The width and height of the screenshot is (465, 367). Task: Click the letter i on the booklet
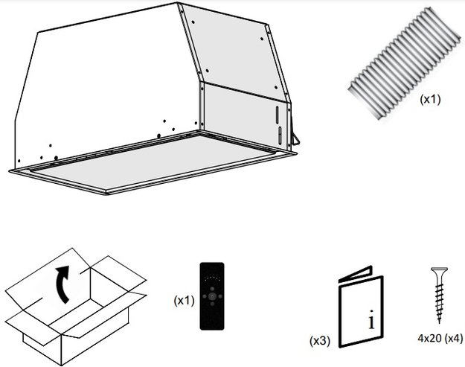click(x=371, y=321)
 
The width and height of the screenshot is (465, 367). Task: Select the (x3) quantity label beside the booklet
click(x=319, y=341)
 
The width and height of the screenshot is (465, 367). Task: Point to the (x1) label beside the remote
click(x=184, y=300)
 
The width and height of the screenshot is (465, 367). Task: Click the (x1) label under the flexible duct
click(x=430, y=98)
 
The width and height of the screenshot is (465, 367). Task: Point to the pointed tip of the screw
click(x=439, y=322)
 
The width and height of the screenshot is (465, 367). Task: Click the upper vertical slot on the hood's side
click(x=278, y=115)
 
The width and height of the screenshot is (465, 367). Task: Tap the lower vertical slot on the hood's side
click(x=280, y=135)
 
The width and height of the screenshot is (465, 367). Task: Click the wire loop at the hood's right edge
click(x=296, y=138)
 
